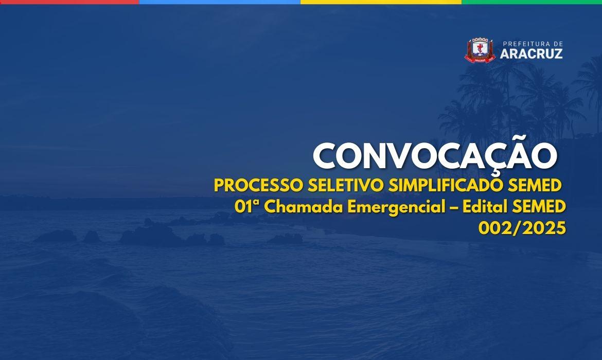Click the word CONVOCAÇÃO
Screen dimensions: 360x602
pyautogui.click(x=435, y=155)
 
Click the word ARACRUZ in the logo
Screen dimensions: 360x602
pyautogui.click(x=531, y=53)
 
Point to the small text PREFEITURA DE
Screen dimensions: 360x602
pyautogui.click(x=532, y=44)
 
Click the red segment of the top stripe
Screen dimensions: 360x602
pyautogui.click(x=69, y=2)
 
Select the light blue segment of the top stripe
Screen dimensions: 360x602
pyautogui.click(x=220, y=2)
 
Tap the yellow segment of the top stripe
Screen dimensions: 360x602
pyautogui.click(x=381, y=2)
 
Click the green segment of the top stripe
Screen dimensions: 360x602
pyautogui.click(x=532, y=2)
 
